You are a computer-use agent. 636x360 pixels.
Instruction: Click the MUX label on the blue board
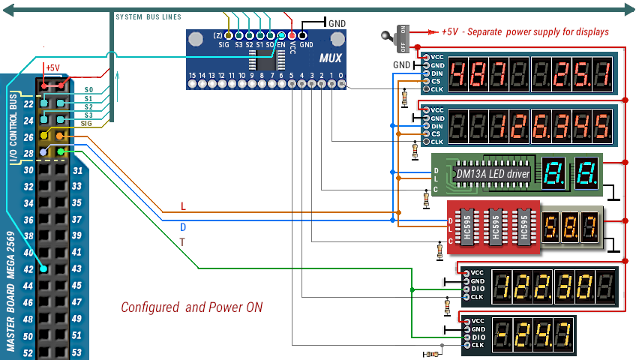click(x=331, y=58)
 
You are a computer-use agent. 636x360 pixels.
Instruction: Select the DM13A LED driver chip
click(x=493, y=173)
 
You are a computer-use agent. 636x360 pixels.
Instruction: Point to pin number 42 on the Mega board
click(x=28, y=269)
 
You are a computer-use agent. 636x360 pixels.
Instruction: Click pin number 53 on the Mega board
click(x=76, y=352)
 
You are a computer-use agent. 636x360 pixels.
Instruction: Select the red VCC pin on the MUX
click(x=292, y=35)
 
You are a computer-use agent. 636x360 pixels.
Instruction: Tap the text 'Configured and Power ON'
click(x=191, y=307)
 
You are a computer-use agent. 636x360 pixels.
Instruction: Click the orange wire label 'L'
click(x=183, y=206)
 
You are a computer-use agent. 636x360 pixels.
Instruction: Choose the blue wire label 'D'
click(x=183, y=226)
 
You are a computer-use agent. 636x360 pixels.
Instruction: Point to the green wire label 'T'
click(x=182, y=242)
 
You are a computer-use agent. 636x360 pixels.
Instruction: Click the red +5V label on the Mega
click(x=52, y=67)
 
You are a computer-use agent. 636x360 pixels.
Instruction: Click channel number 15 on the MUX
click(x=192, y=75)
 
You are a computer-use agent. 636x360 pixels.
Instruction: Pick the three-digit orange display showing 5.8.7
click(x=570, y=223)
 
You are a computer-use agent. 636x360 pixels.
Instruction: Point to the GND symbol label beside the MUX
click(x=337, y=23)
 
